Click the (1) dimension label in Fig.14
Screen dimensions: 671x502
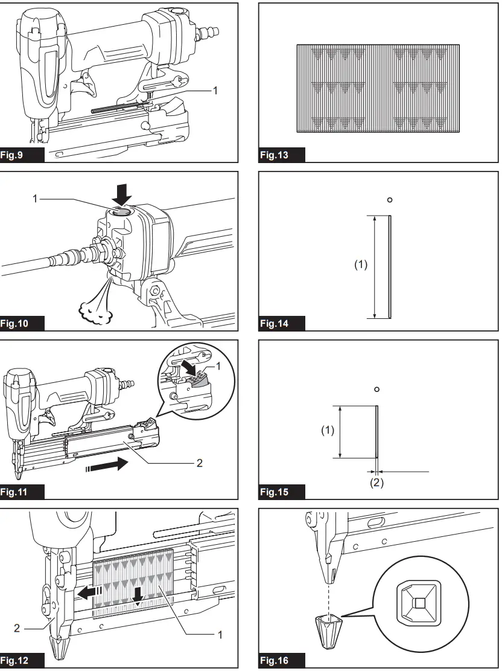[x=360, y=264]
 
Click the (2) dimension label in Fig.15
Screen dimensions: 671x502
[x=376, y=483]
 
